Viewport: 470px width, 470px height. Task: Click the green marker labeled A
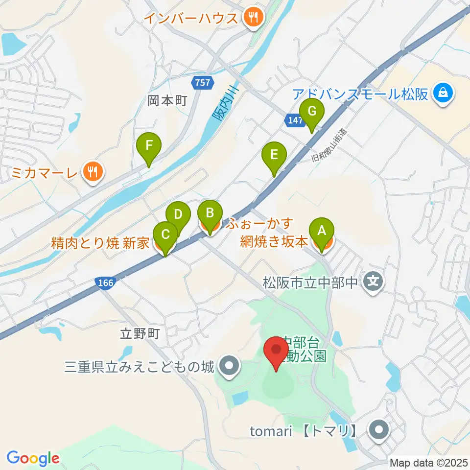pyautogui.click(x=322, y=231)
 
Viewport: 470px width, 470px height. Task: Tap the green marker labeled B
pyautogui.click(x=210, y=213)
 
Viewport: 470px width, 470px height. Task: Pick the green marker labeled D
pyautogui.click(x=178, y=214)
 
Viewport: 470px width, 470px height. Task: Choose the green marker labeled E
pyautogui.click(x=274, y=155)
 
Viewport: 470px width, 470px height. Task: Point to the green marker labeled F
pyautogui.click(x=149, y=145)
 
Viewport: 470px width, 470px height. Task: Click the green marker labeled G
pyautogui.click(x=312, y=111)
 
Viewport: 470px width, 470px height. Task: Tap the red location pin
pyautogui.click(x=276, y=352)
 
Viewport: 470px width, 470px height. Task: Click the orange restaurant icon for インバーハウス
pyautogui.click(x=254, y=19)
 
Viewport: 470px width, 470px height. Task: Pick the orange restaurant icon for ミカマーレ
pyautogui.click(x=92, y=172)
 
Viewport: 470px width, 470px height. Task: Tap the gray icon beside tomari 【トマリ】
pyautogui.click(x=379, y=431)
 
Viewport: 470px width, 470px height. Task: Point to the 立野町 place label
pyautogui.click(x=140, y=334)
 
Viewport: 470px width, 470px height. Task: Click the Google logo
pyautogui.click(x=33, y=458)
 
